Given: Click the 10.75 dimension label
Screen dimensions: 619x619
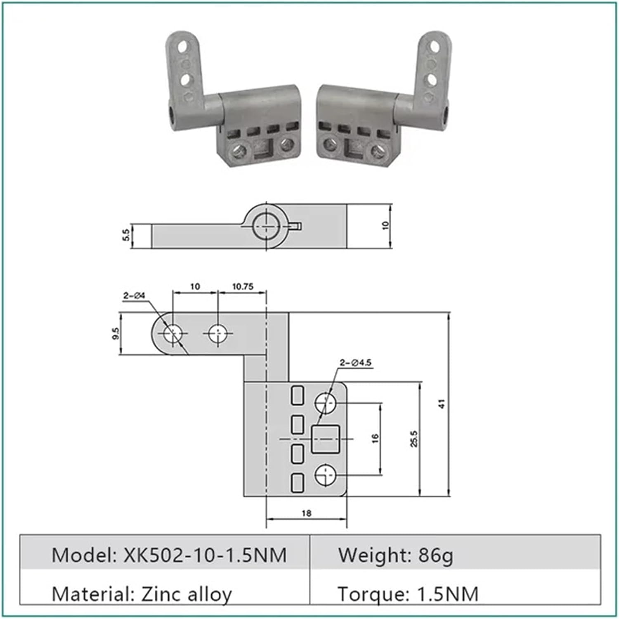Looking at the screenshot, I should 242,286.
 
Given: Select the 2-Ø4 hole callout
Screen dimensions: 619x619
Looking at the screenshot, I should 134,295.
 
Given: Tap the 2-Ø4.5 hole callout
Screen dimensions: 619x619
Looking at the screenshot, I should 355,363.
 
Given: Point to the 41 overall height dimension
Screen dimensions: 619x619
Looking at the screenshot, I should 442,404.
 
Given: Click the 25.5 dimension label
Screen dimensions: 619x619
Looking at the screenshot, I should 414,439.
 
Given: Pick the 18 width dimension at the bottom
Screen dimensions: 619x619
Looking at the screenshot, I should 306,513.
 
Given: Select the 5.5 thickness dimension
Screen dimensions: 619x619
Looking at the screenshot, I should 126,235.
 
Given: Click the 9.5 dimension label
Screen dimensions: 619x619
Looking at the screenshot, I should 116,333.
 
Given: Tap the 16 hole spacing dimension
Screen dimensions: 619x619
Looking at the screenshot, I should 375,438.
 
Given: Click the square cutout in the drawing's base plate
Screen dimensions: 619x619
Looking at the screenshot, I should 325,439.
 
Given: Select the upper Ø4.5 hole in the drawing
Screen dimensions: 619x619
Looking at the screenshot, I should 326,402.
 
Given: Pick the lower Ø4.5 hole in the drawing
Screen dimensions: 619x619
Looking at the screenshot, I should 326,475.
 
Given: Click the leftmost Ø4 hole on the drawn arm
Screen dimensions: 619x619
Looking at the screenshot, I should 172,333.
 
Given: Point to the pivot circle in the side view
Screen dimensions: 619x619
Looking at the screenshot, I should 267,227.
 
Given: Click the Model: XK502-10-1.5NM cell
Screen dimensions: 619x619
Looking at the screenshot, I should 169,555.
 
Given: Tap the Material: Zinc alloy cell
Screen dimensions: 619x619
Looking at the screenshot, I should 142,594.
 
